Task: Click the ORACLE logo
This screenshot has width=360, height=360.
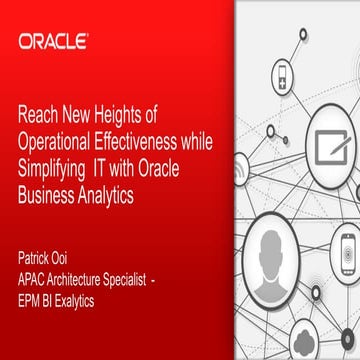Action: tap(53, 42)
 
